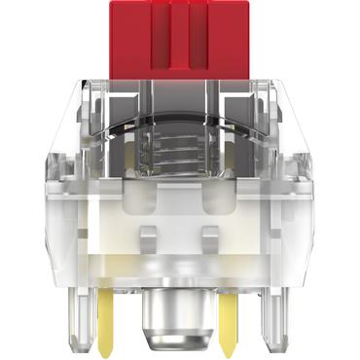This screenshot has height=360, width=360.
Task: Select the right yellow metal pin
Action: [x=231, y=317]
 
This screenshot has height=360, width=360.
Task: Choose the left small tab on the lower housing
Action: [x=149, y=234]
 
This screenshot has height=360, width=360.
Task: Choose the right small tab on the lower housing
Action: [x=211, y=234]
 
